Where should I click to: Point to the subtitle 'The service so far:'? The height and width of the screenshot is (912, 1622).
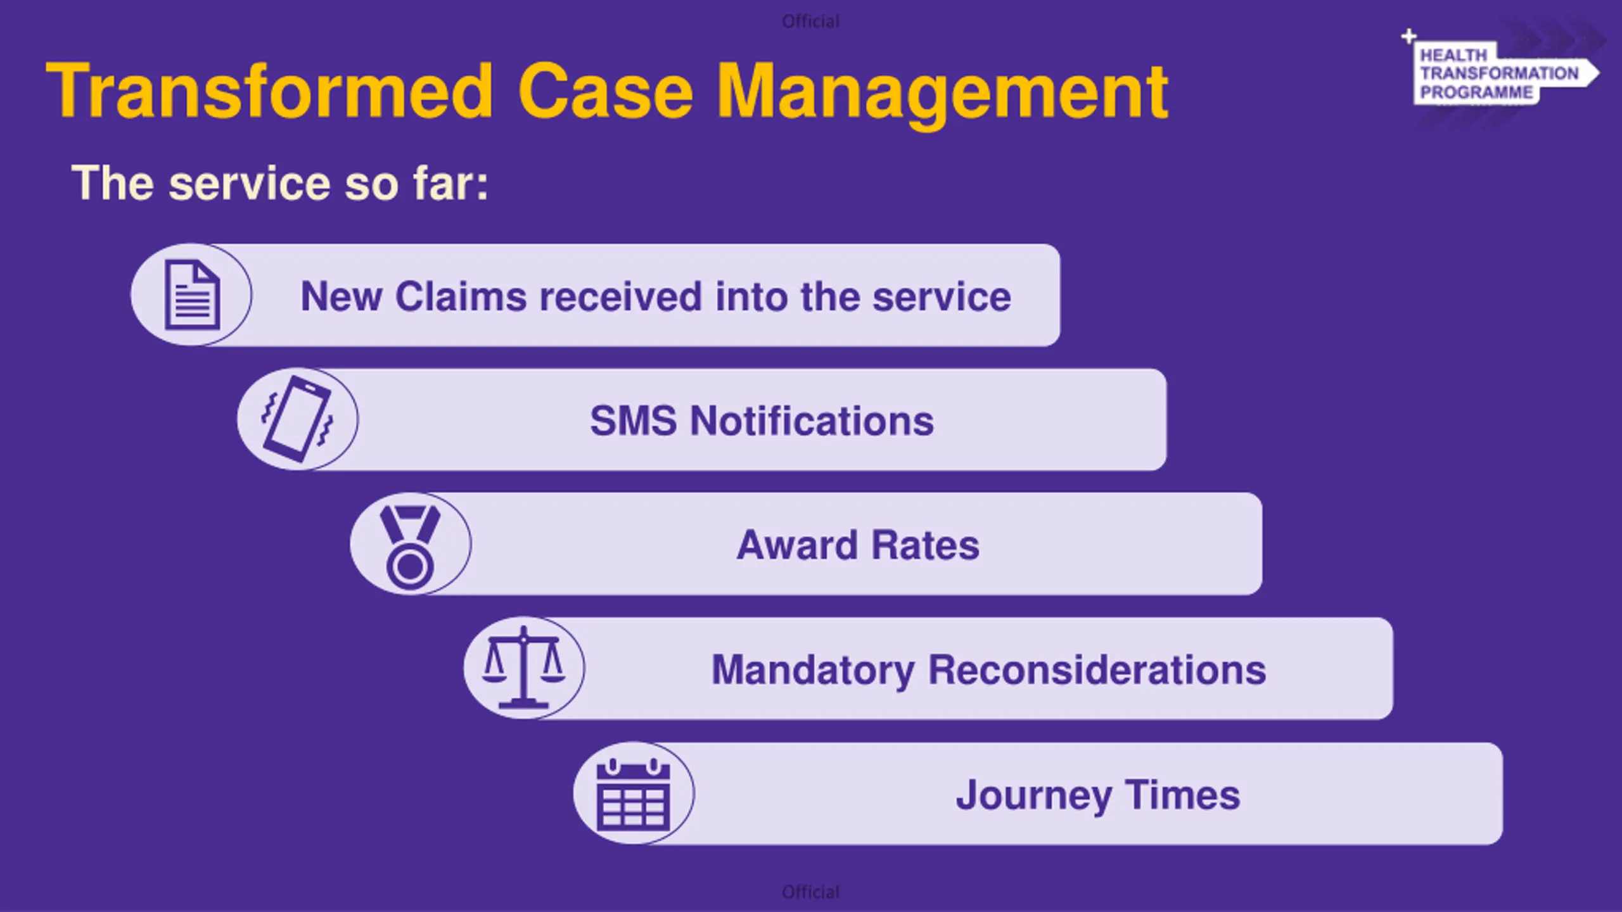coord(279,183)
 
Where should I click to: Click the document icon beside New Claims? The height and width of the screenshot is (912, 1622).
coord(192,295)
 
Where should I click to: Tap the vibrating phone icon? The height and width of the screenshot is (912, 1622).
coord(297,419)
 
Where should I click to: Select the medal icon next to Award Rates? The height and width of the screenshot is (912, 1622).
coord(410,545)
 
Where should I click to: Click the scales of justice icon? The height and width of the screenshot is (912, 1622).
coord(523,668)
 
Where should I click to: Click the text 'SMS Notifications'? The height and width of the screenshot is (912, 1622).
coord(762,421)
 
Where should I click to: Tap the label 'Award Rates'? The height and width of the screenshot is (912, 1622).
coord(858,545)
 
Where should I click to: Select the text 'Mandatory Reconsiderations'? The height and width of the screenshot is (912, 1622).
coord(988,669)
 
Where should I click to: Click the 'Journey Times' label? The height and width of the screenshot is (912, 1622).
coord(1098,795)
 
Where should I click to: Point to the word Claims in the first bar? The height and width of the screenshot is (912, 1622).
coord(461,296)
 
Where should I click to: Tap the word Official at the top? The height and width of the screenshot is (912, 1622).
coord(810,22)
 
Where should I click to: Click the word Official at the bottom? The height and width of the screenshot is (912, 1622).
coord(810,892)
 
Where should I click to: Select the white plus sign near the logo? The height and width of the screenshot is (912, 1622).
coord(1408,36)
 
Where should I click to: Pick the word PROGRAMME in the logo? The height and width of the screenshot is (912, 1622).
coord(1476,92)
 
